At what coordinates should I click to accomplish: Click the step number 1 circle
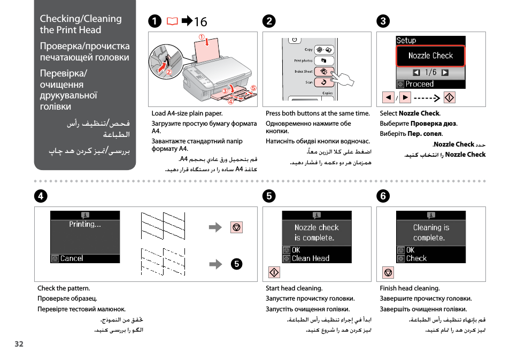[154, 21]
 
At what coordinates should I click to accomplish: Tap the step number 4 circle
[41, 196]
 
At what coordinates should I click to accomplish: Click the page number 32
[19, 344]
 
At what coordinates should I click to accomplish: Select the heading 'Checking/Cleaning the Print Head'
[81, 24]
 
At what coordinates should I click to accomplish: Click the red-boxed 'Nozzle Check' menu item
[430, 56]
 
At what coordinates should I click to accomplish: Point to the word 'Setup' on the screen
[406, 41]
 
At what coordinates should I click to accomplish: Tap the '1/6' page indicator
[430, 72]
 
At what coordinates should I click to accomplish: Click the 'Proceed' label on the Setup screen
[420, 84]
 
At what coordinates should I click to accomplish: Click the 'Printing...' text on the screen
[85, 224]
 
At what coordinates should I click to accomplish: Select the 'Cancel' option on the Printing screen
[72, 258]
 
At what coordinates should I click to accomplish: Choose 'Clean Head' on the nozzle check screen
[311, 258]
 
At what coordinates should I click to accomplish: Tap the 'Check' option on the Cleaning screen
[416, 258]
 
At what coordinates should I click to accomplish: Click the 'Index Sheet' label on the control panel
[304, 71]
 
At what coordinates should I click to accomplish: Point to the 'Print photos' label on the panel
[303, 60]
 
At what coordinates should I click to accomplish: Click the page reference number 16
[200, 22]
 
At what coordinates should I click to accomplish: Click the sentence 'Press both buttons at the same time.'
[318, 113]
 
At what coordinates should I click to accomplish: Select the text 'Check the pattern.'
[64, 288]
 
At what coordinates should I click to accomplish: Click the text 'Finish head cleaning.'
[409, 288]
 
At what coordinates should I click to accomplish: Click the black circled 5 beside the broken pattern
[237, 264]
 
